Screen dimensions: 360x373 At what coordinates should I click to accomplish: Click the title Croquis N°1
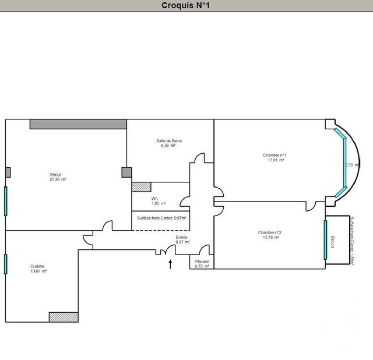(186, 6)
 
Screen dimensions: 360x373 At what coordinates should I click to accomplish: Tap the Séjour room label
(56, 174)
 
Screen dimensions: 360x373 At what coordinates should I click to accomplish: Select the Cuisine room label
(38, 266)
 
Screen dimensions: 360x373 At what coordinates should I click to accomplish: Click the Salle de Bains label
(170, 141)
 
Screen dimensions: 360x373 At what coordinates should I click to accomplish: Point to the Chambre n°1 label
(274, 155)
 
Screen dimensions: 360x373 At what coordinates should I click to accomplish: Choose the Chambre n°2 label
(270, 232)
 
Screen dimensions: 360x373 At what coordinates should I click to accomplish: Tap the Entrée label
(182, 238)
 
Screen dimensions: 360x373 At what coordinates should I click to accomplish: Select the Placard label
(202, 262)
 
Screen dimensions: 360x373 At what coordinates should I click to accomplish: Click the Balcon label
(333, 241)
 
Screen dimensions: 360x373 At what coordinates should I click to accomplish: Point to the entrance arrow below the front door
(170, 266)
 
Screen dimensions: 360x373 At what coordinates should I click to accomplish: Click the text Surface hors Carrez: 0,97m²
(161, 218)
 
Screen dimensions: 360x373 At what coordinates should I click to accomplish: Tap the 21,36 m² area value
(58, 179)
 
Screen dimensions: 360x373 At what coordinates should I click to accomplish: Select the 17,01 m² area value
(276, 160)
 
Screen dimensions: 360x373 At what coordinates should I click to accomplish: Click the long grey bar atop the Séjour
(78, 124)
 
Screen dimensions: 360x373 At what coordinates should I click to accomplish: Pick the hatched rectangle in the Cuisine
(64, 317)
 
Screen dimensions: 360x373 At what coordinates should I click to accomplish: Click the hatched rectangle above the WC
(141, 187)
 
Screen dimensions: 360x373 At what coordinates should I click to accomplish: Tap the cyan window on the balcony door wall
(325, 240)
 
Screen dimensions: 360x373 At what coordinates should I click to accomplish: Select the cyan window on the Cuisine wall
(6, 264)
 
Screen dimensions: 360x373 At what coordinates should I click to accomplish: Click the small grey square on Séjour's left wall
(8, 172)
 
